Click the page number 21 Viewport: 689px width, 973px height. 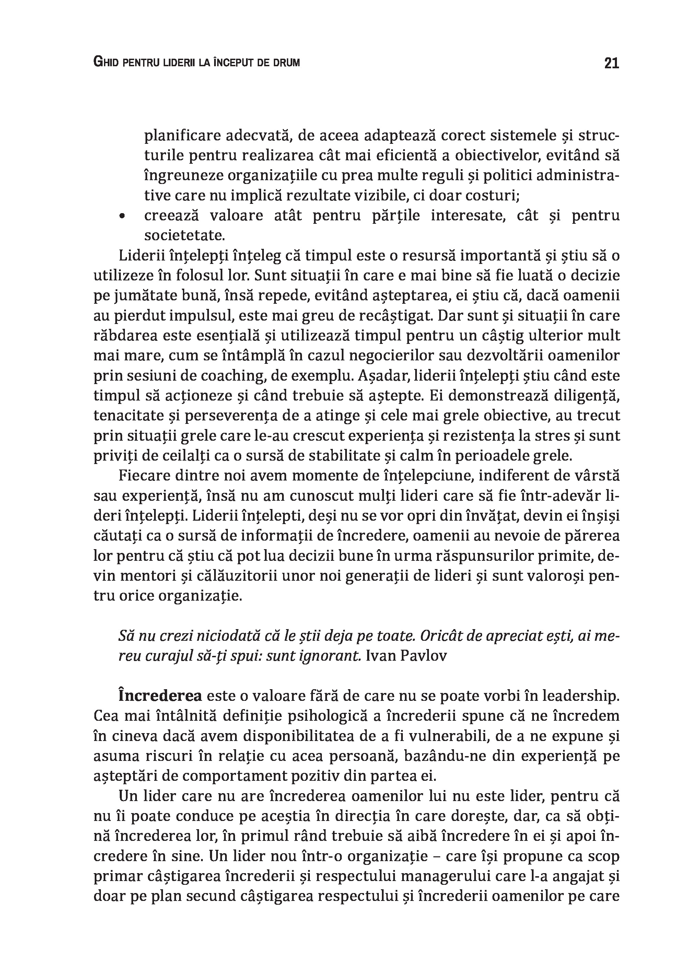coord(611,63)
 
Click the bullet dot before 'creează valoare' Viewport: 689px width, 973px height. coord(122,217)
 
